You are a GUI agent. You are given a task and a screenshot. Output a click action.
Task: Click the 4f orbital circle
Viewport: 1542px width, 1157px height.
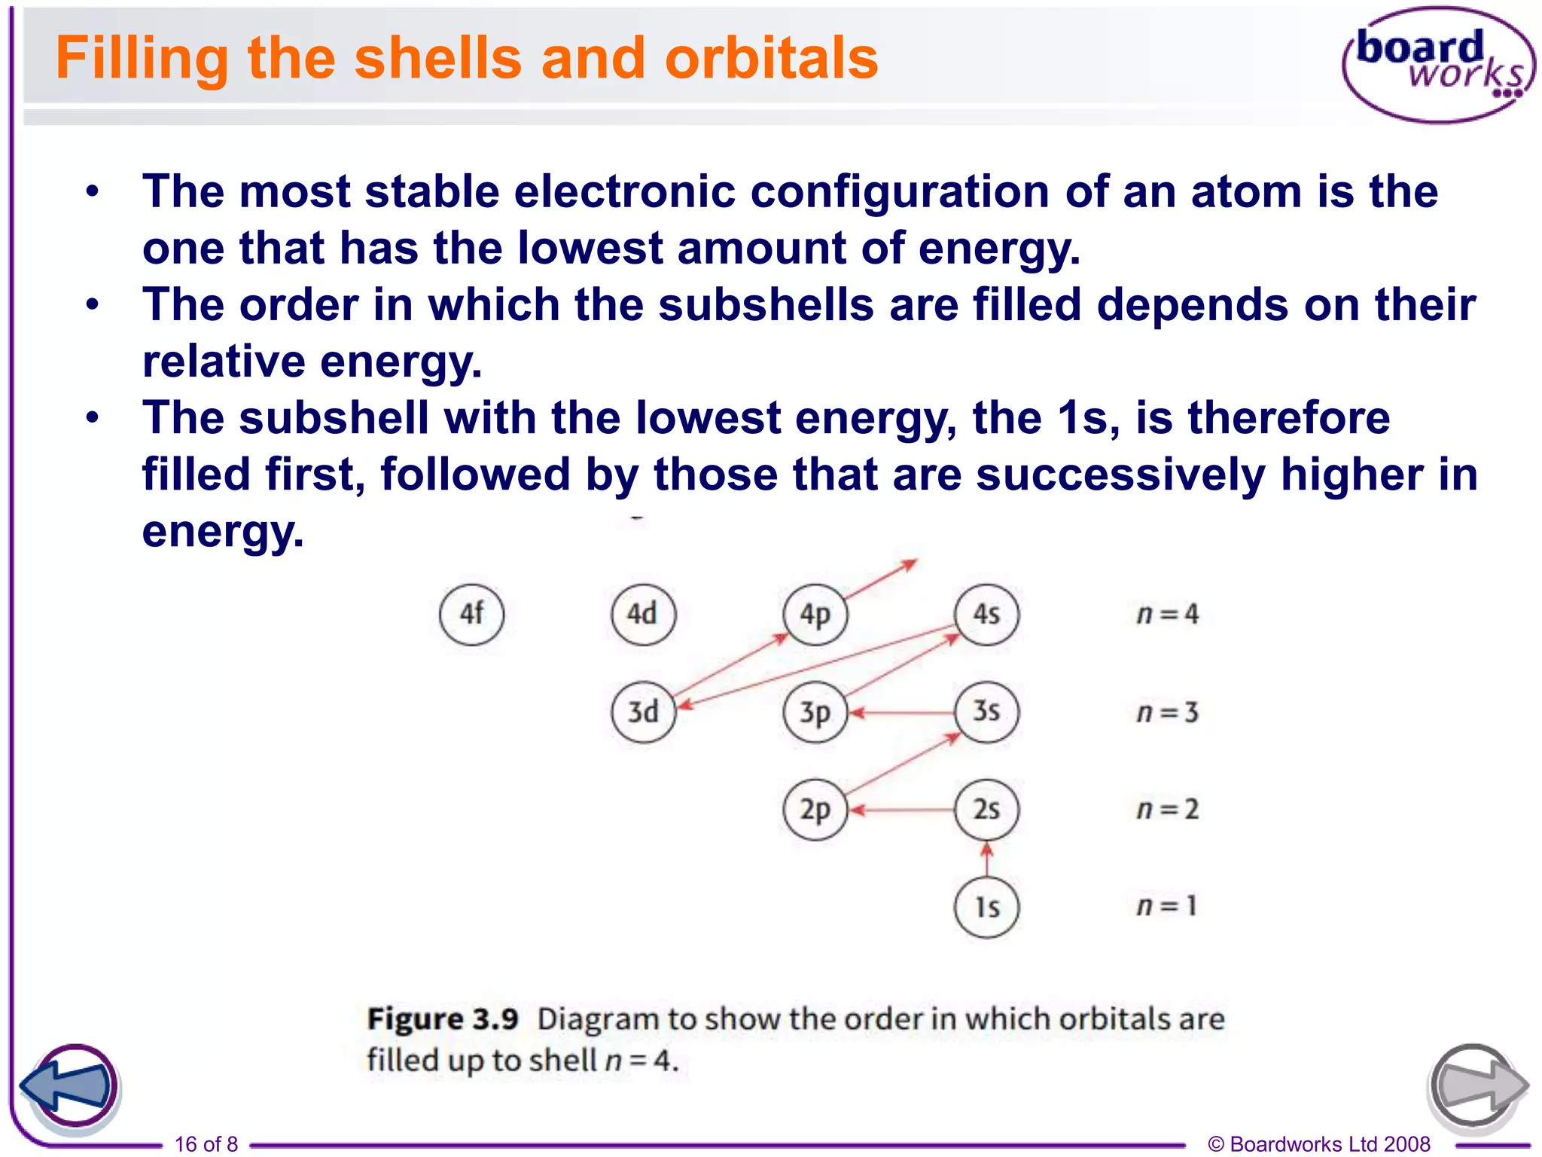pyautogui.click(x=471, y=614)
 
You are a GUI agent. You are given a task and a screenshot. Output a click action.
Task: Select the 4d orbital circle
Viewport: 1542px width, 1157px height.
pyautogui.click(x=643, y=614)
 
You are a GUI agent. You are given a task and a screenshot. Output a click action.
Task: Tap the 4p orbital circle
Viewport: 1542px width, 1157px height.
pyautogui.click(x=815, y=615)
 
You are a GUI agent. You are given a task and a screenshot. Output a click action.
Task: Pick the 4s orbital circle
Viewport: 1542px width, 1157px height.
pyautogui.click(x=986, y=614)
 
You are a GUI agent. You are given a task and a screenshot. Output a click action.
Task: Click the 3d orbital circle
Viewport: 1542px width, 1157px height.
pyautogui.click(x=643, y=712)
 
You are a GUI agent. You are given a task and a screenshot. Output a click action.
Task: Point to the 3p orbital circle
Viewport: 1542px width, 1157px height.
pyautogui.click(x=815, y=712)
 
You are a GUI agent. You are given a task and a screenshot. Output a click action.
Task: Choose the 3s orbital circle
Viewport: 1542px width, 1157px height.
pyautogui.click(x=986, y=711)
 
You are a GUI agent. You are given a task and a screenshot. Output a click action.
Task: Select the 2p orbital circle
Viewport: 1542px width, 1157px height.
pyautogui.click(x=815, y=810)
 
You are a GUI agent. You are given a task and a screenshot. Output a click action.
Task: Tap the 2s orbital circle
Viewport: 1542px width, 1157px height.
pyautogui.click(x=986, y=810)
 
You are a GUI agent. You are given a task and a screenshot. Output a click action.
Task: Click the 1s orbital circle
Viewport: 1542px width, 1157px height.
pyautogui.click(x=986, y=907)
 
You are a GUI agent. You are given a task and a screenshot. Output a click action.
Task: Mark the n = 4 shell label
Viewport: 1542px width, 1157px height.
pyautogui.click(x=1167, y=615)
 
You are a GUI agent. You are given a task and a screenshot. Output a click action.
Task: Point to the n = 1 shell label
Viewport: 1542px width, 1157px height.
pyautogui.click(x=1167, y=905)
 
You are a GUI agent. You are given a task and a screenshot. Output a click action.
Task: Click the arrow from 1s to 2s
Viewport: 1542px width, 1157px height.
pyautogui.click(x=987, y=860)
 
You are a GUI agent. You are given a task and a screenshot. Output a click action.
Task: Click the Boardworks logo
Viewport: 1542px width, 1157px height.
pyautogui.click(x=1438, y=64)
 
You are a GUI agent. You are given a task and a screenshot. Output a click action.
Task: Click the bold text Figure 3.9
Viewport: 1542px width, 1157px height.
pyautogui.click(x=443, y=1019)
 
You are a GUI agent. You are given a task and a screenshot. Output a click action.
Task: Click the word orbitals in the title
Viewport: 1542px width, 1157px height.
pyautogui.click(x=771, y=58)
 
